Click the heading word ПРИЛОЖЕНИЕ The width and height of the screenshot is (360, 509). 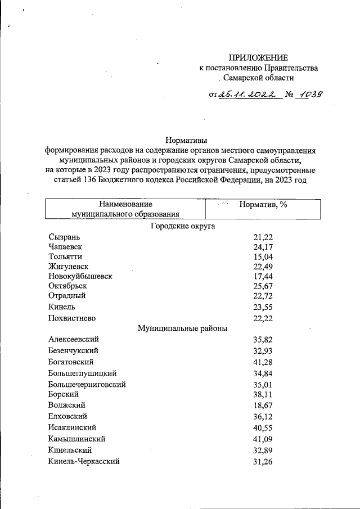(x=258, y=57)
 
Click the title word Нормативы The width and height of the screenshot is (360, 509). (x=183, y=140)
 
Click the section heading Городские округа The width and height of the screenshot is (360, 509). (x=183, y=226)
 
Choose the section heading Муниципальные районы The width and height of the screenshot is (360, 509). (x=183, y=328)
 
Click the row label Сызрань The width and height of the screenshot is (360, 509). (x=65, y=237)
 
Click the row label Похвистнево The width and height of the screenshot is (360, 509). (x=72, y=318)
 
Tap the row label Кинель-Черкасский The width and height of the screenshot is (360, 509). (x=84, y=461)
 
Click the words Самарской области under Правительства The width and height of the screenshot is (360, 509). (x=258, y=78)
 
